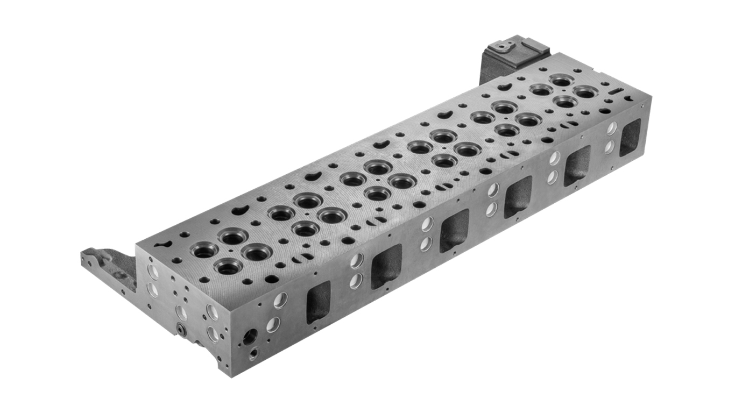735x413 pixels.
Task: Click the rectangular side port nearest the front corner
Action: point(318,302)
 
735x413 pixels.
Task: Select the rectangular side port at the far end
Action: point(630,137)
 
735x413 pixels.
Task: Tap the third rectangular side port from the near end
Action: point(455,230)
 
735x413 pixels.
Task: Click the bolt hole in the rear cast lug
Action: point(504,47)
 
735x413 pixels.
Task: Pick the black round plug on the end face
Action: point(182,329)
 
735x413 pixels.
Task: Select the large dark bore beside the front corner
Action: point(250,337)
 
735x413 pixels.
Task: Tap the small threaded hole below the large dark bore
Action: point(253,354)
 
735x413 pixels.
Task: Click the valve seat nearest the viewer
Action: point(228,266)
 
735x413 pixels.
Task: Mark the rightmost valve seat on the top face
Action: point(586,92)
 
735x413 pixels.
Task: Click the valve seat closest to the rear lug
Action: point(561,81)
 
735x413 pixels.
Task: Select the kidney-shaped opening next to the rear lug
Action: point(504,86)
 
